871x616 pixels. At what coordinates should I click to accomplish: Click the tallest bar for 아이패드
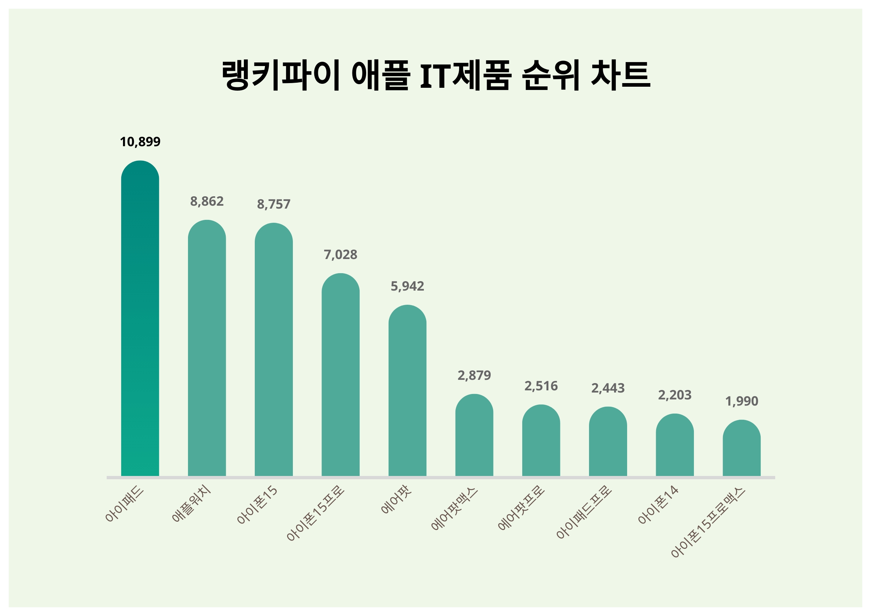140,319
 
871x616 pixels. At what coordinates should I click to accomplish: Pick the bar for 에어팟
407,391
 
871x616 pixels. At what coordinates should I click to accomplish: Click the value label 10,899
140,142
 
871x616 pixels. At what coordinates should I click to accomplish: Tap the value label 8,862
207,201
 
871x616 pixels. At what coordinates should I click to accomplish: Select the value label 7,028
340,255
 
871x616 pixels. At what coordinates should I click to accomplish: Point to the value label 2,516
541,386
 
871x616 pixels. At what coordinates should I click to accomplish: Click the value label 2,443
608,388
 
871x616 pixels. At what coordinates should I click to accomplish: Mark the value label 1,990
741,401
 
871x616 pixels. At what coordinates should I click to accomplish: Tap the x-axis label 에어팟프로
521,508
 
